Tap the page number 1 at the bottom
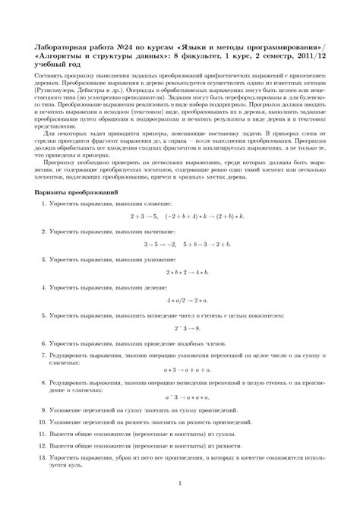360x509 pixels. [x=180, y=482]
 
